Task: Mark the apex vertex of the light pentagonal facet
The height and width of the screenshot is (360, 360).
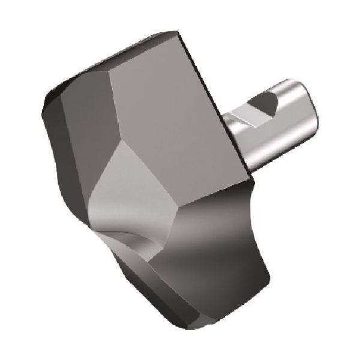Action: [x=123, y=143]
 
